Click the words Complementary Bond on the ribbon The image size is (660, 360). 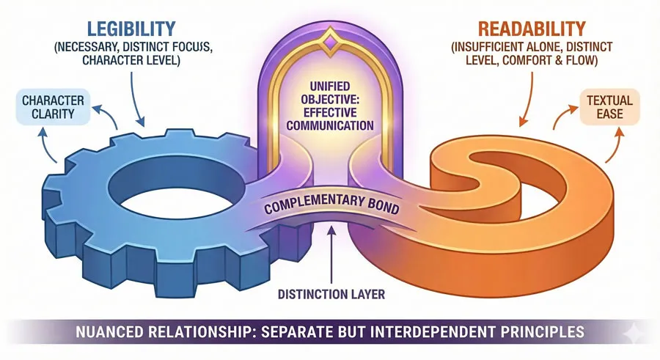(x=330, y=207)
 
